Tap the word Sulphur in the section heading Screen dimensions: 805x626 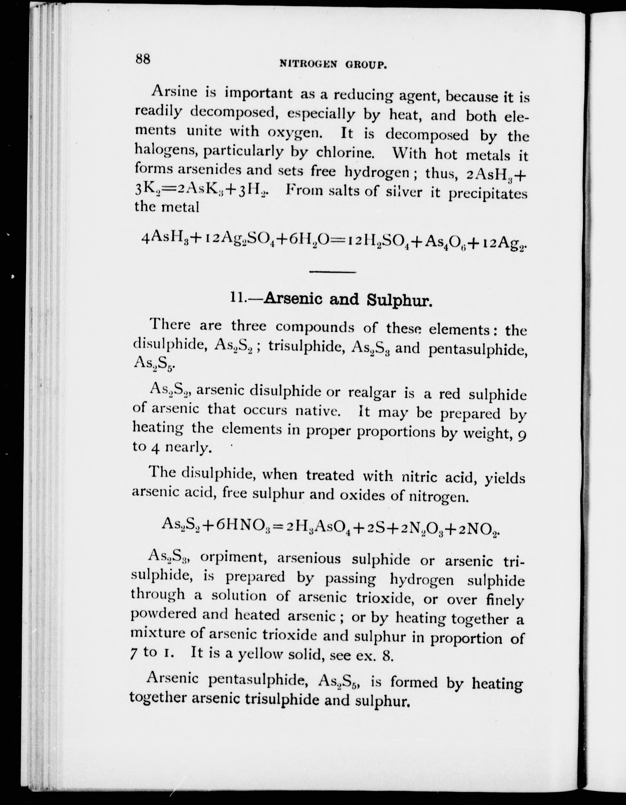[399, 301]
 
